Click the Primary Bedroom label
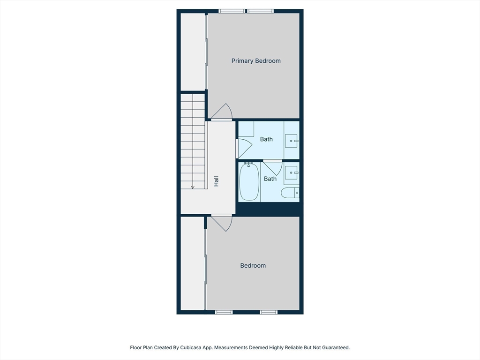click(256, 61)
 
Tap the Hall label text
click(216, 181)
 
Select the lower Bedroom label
click(253, 266)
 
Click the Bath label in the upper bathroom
click(266, 139)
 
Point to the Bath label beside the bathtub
click(270, 179)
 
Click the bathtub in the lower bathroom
click(249, 182)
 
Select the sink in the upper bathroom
click(292, 140)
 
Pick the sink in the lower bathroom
click(292, 172)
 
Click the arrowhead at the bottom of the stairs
click(193, 187)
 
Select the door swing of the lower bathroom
click(272, 167)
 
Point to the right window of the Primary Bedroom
click(260, 11)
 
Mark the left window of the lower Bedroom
click(224, 312)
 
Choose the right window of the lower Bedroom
click(269, 312)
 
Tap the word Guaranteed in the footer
click(334, 348)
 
